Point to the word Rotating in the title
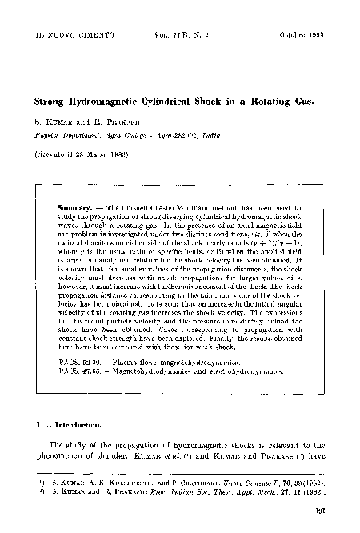point(255,102)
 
